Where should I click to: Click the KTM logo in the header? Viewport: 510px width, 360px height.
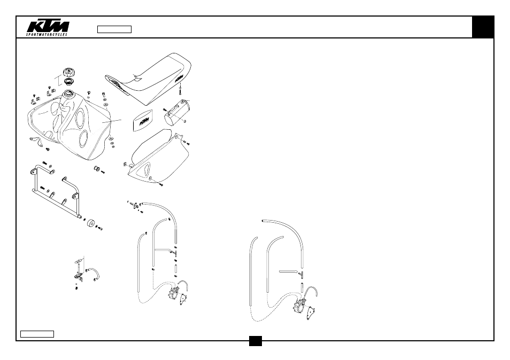click(48, 27)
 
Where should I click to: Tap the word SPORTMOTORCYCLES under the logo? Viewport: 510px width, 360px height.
click(47, 34)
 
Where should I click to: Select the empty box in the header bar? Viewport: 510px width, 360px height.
click(114, 29)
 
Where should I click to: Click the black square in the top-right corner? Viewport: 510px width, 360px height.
click(483, 27)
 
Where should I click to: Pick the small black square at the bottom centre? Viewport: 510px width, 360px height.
click(256, 341)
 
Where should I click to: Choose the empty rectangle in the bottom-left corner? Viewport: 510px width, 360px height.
click(37, 334)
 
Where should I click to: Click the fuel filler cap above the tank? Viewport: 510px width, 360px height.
click(69, 72)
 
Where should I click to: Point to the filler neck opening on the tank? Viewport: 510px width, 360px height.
click(69, 93)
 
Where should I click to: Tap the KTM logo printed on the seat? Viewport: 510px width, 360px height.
click(179, 79)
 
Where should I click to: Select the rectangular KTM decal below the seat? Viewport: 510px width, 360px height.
click(142, 121)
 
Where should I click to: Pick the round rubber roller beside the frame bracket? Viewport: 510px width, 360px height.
click(91, 224)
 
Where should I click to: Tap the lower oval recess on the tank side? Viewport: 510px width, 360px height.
click(83, 138)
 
